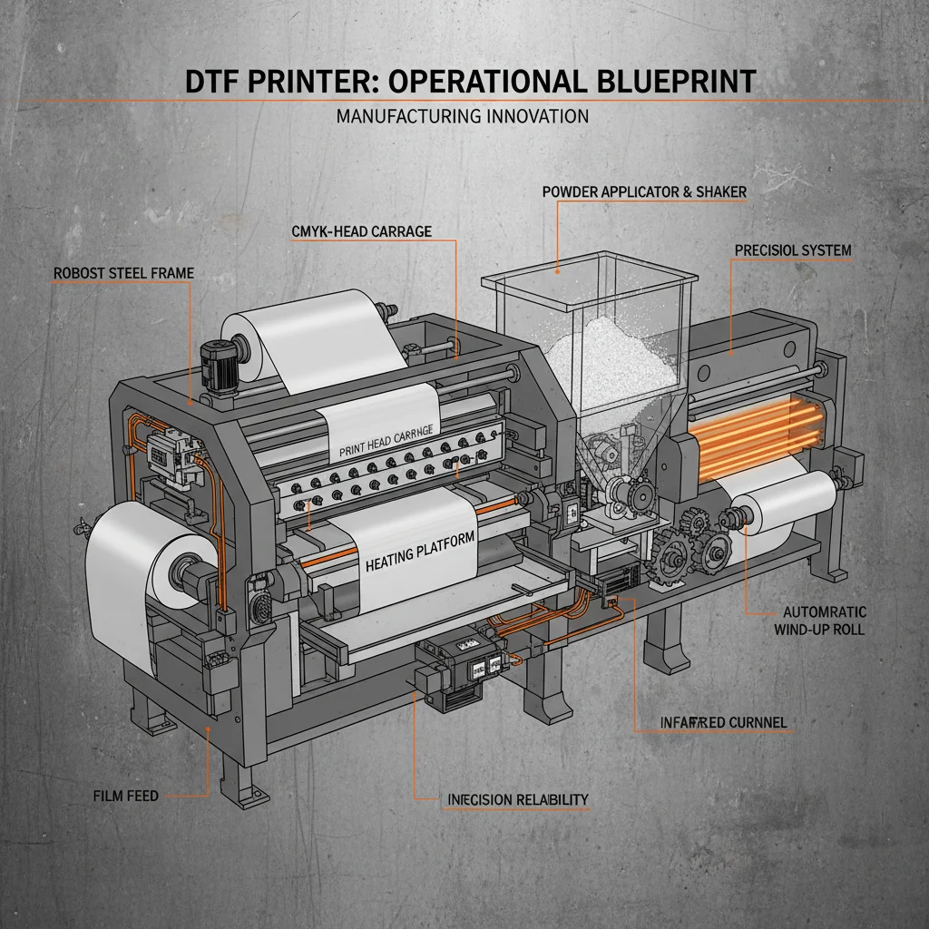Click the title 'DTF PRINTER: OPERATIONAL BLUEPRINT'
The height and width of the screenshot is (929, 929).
(x=470, y=81)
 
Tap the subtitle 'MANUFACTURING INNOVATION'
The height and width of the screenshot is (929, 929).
(x=462, y=116)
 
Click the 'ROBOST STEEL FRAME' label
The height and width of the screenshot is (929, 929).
(x=123, y=272)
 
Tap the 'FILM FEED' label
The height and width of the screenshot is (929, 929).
(x=125, y=796)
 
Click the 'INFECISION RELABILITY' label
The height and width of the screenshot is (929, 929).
(x=518, y=799)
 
